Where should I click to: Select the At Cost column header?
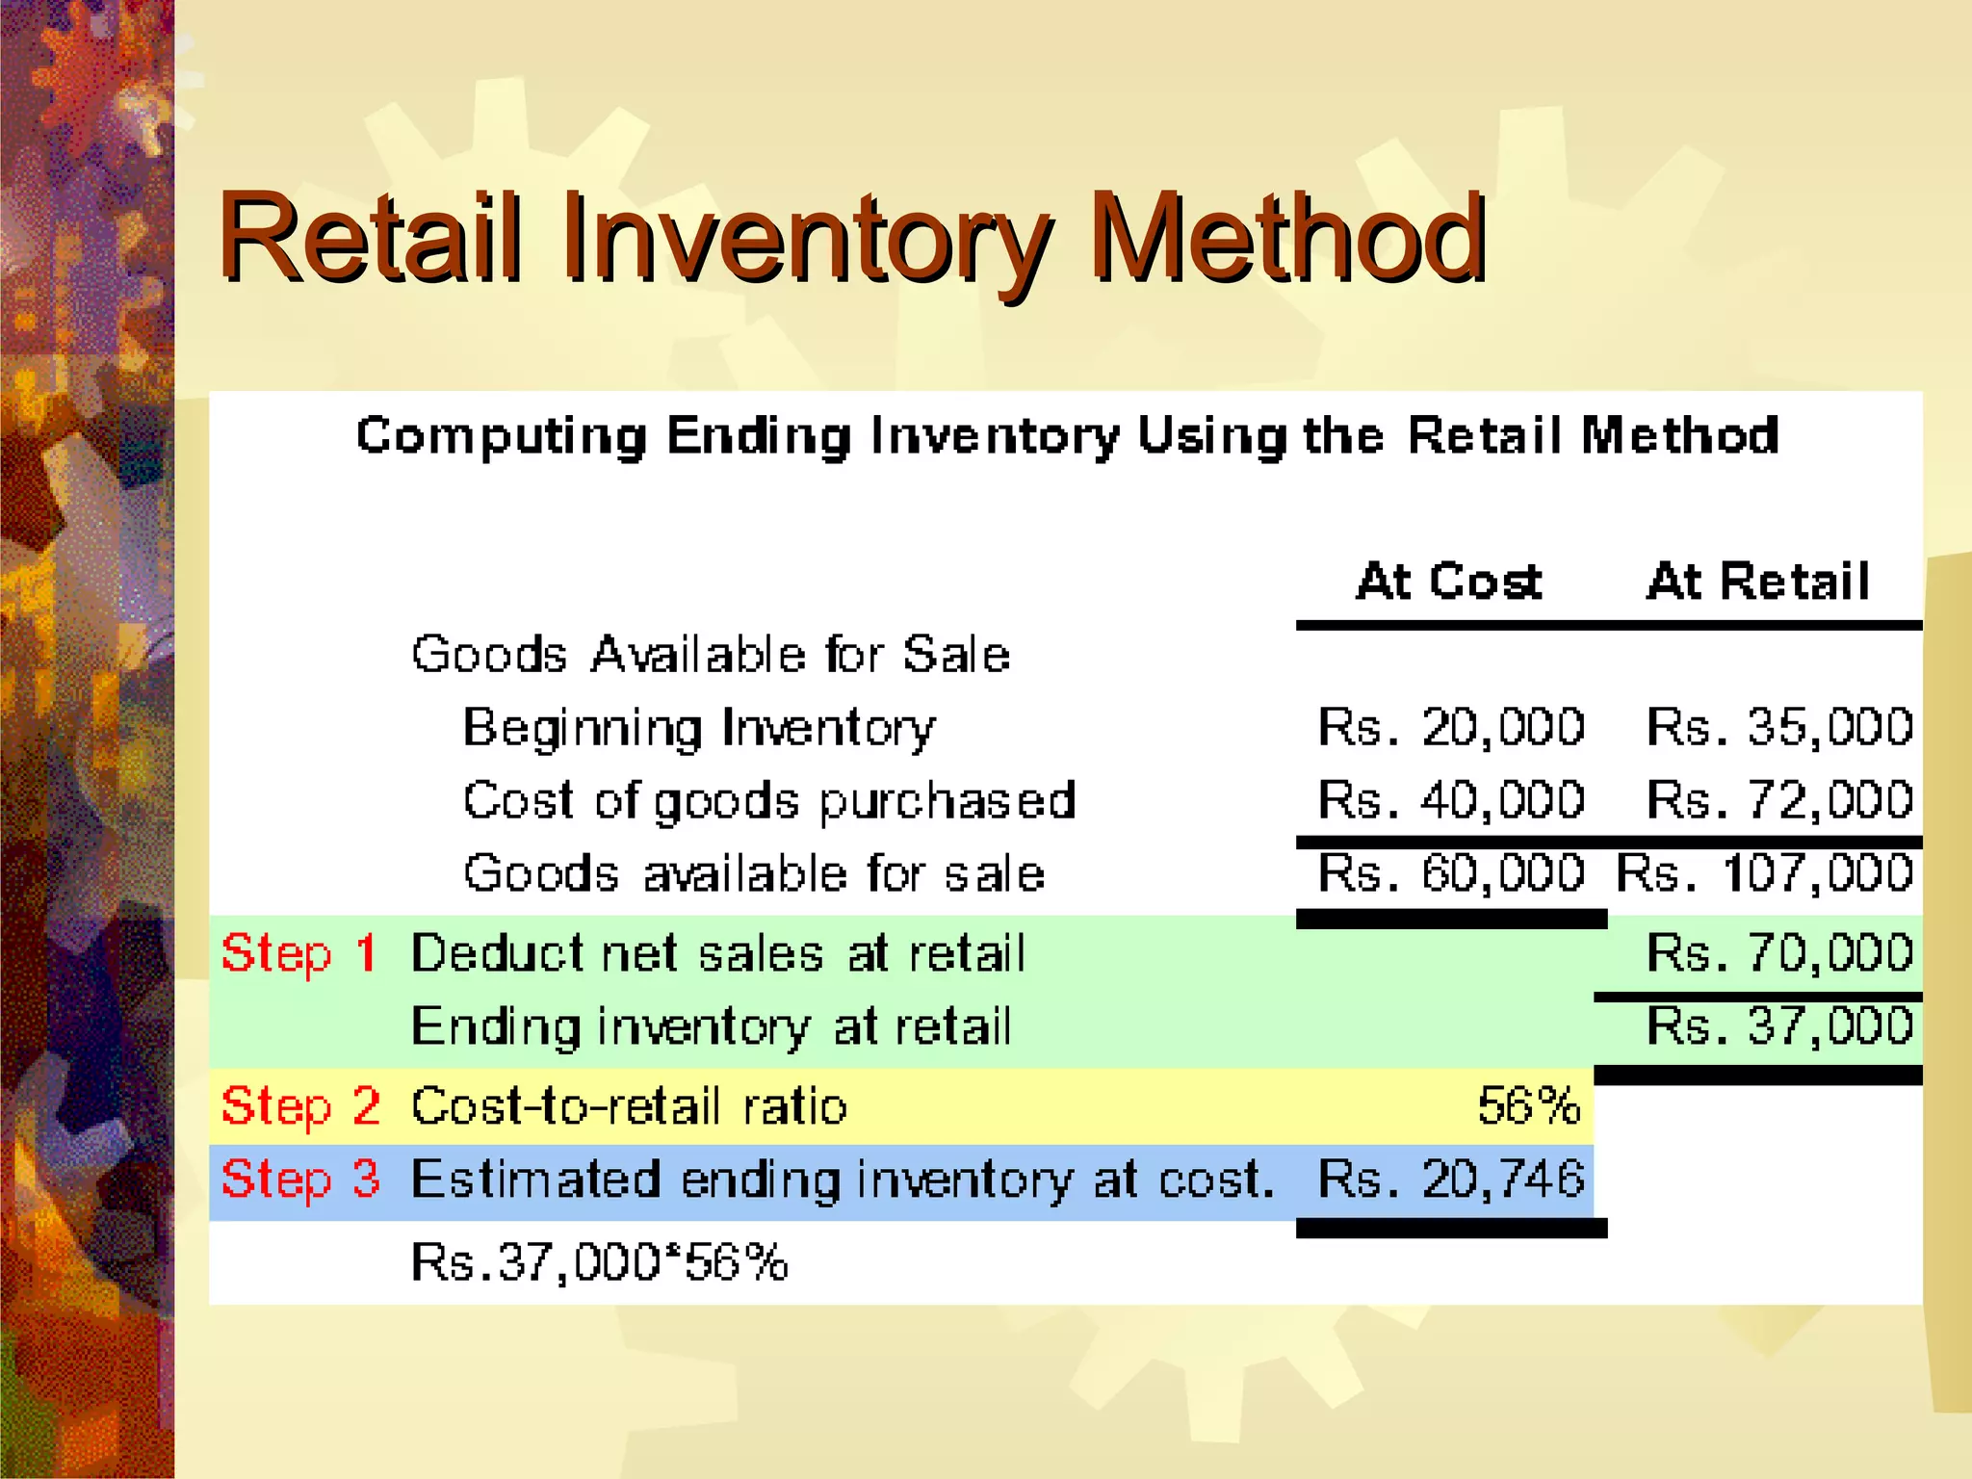click(x=1449, y=582)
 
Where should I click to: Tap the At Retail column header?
click(x=1758, y=582)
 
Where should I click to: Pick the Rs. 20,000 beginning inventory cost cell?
click(x=1451, y=727)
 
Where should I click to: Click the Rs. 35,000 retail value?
click(x=1779, y=727)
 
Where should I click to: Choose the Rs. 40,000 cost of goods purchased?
click(x=1451, y=800)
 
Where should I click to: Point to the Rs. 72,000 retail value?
click(x=1779, y=800)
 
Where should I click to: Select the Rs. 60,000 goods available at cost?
click(x=1451, y=873)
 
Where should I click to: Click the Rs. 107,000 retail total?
click(x=1765, y=873)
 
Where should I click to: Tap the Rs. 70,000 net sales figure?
click(x=1779, y=953)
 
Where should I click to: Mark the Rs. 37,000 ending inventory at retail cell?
click(x=1779, y=1026)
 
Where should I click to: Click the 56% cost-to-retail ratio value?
click(x=1529, y=1105)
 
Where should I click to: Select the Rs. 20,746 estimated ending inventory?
click(x=1451, y=1179)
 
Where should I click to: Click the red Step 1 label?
click(x=299, y=953)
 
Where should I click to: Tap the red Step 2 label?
click(x=300, y=1105)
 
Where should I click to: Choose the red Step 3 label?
click(x=300, y=1179)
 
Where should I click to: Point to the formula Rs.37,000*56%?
click(x=599, y=1261)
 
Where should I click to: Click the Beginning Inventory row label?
click(x=699, y=727)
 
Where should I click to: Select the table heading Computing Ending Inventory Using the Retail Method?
click(x=1067, y=435)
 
